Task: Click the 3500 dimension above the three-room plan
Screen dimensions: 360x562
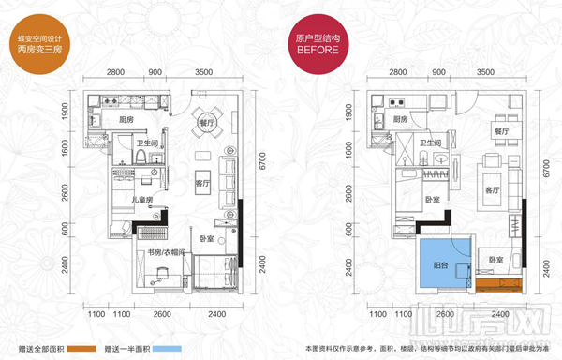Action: click(x=201, y=72)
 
